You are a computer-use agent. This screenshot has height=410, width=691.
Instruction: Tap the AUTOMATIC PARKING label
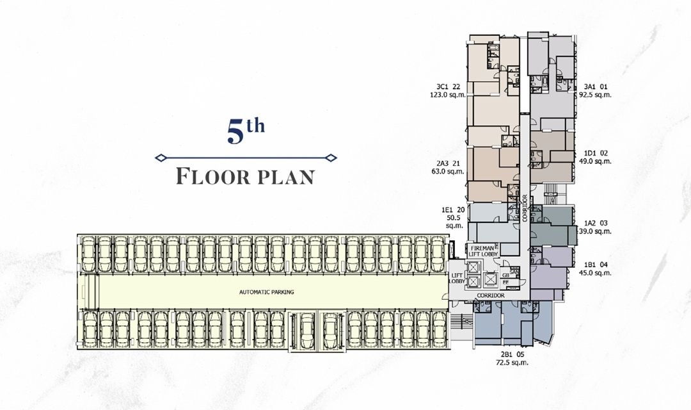pos(266,291)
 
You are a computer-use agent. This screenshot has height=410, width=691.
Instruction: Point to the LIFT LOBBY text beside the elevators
pos(457,277)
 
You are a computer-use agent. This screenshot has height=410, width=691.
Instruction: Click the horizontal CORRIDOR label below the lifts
pos(491,295)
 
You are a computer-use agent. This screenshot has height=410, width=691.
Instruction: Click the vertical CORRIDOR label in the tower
pos(525,208)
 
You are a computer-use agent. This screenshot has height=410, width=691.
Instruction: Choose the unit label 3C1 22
pos(449,86)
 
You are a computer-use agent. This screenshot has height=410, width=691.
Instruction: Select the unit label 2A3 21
pos(449,163)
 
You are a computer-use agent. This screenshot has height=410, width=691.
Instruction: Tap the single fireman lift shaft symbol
pos(491,279)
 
